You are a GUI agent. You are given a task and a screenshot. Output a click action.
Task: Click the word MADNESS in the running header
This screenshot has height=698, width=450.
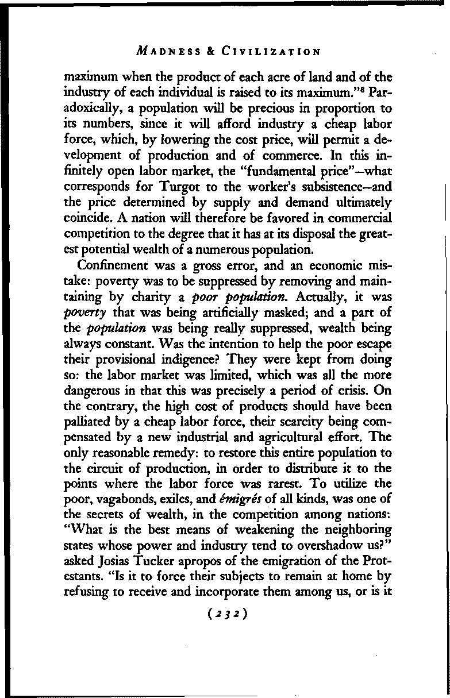click(166, 52)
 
